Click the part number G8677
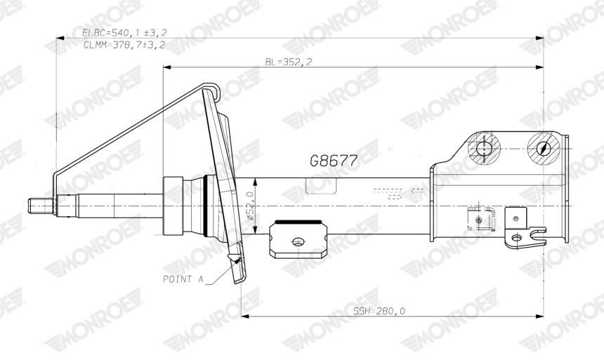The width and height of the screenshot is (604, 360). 334,161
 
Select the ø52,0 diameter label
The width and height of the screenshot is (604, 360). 247,205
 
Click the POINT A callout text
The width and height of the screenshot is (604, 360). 183,279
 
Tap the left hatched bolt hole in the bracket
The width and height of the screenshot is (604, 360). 482,149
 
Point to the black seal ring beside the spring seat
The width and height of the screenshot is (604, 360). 206,205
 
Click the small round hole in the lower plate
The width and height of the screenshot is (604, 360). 298,241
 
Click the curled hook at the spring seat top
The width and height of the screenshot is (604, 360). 213,88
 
